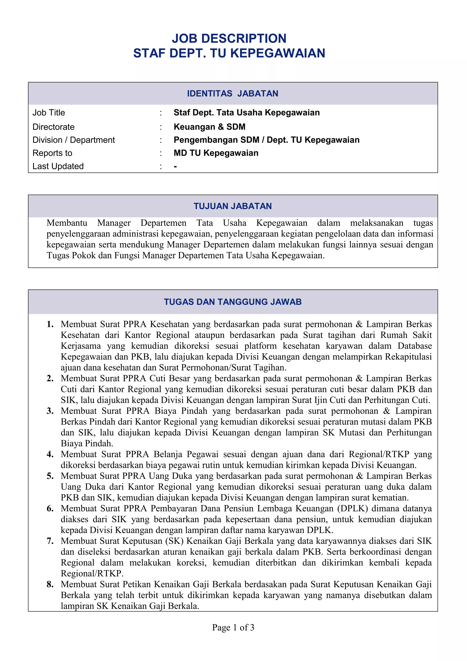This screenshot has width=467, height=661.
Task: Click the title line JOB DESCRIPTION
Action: (229, 39)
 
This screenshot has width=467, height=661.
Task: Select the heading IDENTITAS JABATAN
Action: (232, 94)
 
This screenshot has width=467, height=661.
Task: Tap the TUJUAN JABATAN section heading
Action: (232, 206)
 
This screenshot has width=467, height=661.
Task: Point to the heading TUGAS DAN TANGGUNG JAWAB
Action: (232, 302)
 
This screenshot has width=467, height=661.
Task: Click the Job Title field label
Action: (49, 113)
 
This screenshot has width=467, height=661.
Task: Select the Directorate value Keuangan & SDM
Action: (209, 127)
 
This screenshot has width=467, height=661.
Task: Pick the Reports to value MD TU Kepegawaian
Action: (216, 153)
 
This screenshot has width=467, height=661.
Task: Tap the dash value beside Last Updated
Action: (175, 166)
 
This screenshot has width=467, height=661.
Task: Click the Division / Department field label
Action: (73, 140)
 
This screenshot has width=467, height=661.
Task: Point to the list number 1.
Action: (50, 324)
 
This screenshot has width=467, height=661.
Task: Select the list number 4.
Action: (50, 454)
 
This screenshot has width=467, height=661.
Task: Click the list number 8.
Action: (50, 585)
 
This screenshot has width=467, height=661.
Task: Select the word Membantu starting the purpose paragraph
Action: (67, 223)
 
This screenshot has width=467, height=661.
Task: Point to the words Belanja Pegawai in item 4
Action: (186, 454)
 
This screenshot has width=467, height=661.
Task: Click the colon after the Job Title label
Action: (161, 113)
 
